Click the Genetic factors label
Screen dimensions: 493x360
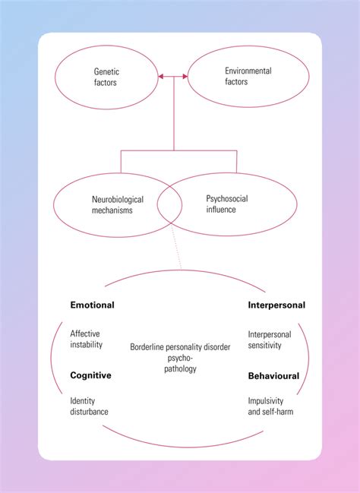[106, 77]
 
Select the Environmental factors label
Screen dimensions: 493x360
[242, 76]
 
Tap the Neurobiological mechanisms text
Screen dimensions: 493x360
[112, 204]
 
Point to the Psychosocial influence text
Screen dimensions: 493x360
[227, 204]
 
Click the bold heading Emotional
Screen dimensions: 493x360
[92, 305]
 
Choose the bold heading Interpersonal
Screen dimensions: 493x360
[276, 305]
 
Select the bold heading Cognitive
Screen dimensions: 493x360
[91, 375]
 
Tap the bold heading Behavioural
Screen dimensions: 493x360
[273, 375]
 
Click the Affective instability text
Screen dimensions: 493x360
[86, 339]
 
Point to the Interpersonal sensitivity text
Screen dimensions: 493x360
[264, 339]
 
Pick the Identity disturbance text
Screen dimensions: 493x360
[90, 406]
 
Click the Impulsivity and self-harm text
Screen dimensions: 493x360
[270, 406]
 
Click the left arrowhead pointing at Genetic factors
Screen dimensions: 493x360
[161, 77]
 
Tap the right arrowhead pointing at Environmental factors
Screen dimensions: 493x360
[186, 77]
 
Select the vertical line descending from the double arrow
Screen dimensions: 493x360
[174, 114]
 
